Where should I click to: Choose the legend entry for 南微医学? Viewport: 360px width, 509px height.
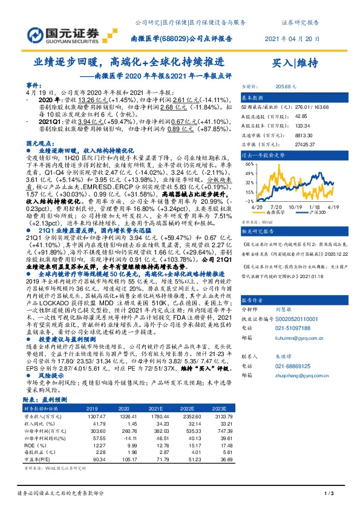click(x=273, y=213)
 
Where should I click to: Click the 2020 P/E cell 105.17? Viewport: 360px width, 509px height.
click(x=127, y=461)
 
